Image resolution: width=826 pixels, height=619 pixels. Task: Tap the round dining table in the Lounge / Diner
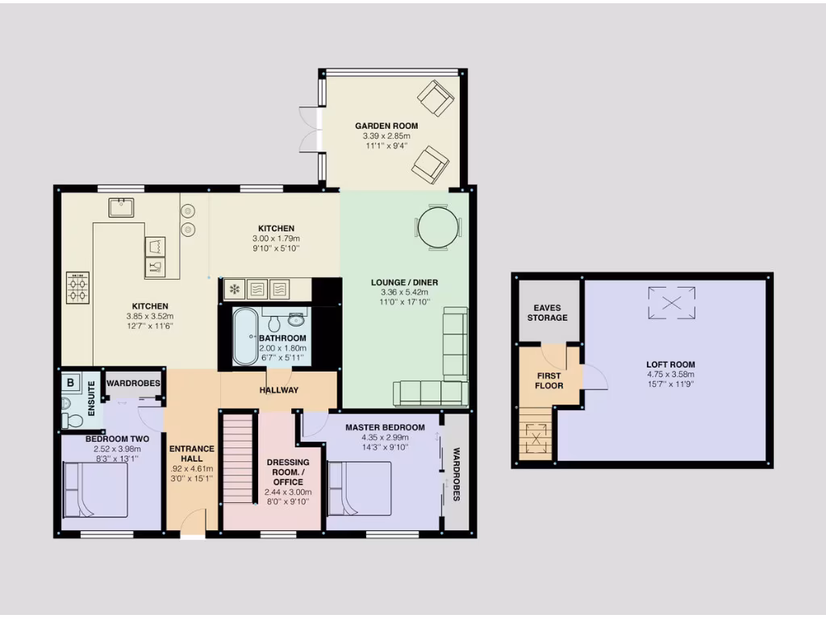[440, 226]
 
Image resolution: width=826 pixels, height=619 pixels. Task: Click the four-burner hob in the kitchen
[78, 287]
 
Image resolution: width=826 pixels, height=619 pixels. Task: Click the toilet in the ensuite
[73, 420]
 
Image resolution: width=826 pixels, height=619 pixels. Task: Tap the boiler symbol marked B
[70, 382]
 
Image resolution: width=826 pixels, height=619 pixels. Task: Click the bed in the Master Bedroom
[360, 487]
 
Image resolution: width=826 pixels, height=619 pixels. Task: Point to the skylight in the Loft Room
[671, 303]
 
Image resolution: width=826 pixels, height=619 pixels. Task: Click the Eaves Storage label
[548, 313]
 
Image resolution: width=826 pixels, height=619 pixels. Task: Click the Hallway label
[279, 390]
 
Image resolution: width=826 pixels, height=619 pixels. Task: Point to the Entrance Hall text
[191, 455]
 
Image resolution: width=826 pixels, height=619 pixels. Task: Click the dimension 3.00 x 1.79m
[277, 239]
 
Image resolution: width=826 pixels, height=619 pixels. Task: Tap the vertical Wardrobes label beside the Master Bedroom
[456, 474]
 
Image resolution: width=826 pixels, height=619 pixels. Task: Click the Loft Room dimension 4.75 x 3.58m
[670, 374]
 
